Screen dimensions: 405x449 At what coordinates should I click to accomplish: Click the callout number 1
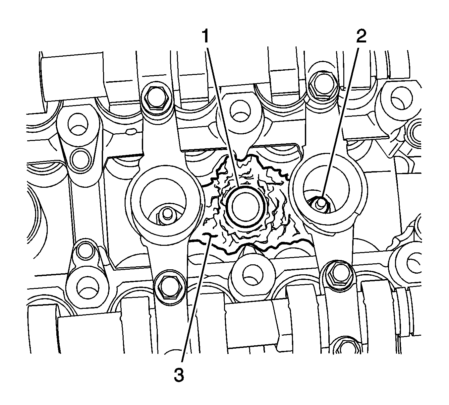coord(206,35)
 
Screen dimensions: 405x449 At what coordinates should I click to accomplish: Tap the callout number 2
coord(361,35)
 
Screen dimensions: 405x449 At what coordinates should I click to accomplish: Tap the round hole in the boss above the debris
coord(239,111)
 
